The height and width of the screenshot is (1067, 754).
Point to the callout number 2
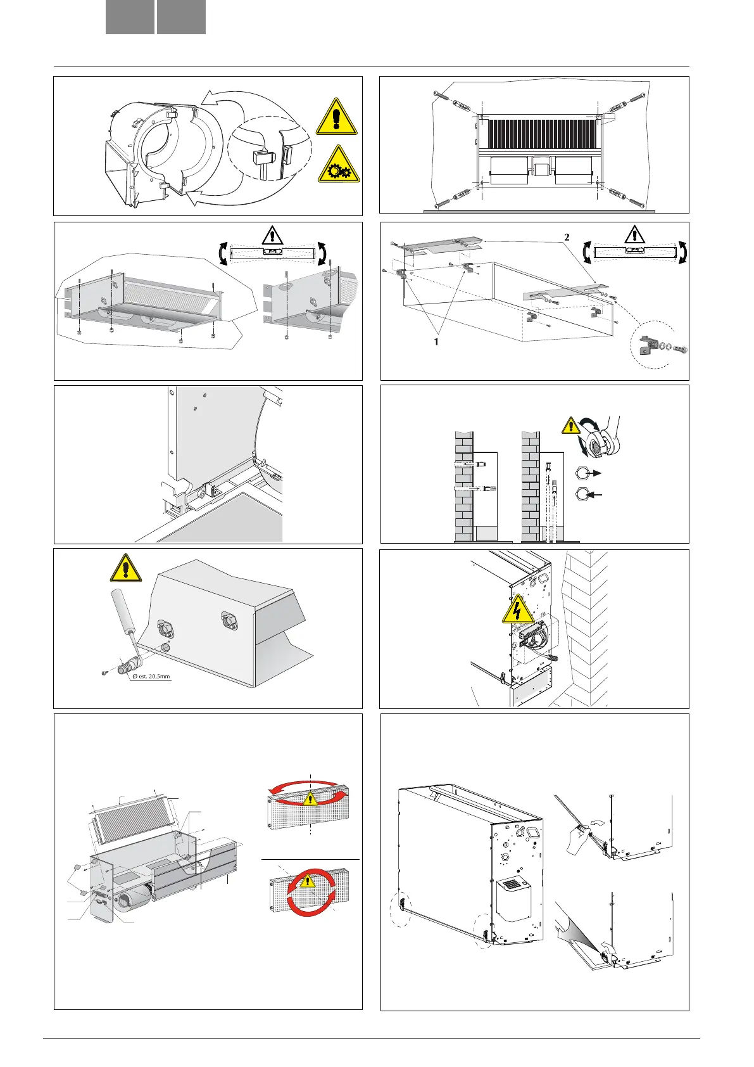pos(567,238)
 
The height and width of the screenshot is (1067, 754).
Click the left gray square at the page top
pos(130,17)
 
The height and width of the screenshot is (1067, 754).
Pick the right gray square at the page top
pos(181,17)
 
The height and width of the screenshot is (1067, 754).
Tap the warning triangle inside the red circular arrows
pos(308,881)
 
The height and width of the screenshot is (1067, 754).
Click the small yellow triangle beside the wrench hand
pos(571,426)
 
